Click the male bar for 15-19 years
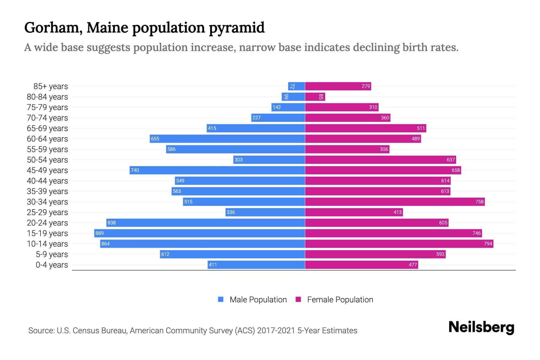point(199,233)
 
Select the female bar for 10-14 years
point(399,244)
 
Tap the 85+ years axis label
point(50,86)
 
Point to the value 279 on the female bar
point(366,86)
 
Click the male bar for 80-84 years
point(293,97)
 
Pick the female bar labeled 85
point(315,97)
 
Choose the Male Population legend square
point(221,299)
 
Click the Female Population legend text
point(340,300)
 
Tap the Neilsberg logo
point(481,327)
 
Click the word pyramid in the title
point(237,28)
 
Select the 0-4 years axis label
point(52,265)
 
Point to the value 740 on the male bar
point(135,170)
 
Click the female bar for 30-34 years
point(395,202)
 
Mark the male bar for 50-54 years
point(269,160)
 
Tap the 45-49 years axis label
point(47,170)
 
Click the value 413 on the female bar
point(397,212)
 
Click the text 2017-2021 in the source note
point(276,331)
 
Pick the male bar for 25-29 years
point(265,212)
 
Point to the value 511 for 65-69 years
point(421,128)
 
